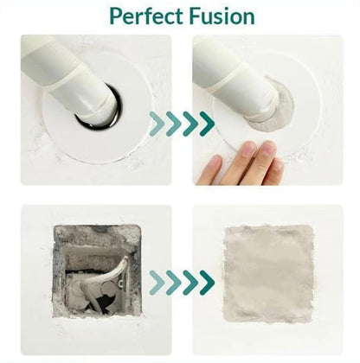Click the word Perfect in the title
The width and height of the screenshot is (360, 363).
(147, 16)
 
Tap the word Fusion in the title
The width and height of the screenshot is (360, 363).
(223, 16)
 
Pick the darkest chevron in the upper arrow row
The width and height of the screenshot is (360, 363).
(207, 124)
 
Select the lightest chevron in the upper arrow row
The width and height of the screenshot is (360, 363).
(157, 124)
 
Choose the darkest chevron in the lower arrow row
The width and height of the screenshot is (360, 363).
(207, 283)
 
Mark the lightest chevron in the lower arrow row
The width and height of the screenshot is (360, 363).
(157, 283)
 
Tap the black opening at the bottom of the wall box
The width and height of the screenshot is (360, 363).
(98, 302)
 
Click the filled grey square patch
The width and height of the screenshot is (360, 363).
(268, 274)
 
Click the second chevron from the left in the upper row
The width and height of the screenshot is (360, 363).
(174, 124)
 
